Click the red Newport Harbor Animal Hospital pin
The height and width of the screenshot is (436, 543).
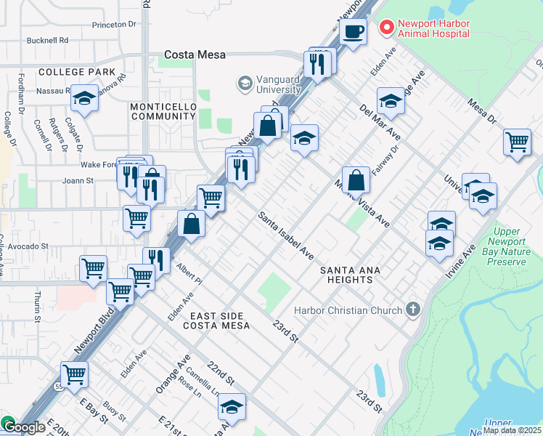[387, 28]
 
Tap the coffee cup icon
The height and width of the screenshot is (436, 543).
[353, 32]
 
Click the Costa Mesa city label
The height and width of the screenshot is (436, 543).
[195, 54]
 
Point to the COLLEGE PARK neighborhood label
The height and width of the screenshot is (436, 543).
[77, 72]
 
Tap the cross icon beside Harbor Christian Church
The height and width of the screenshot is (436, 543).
[413, 310]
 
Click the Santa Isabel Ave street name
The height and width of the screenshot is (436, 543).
[286, 236]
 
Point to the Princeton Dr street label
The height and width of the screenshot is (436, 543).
[114, 24]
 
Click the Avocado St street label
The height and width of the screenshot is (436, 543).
[24, 246]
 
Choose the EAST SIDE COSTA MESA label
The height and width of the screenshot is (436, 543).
[210, 320]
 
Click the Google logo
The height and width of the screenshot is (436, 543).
[23, 428]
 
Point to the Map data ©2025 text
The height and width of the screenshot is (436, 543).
[512, 430]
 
